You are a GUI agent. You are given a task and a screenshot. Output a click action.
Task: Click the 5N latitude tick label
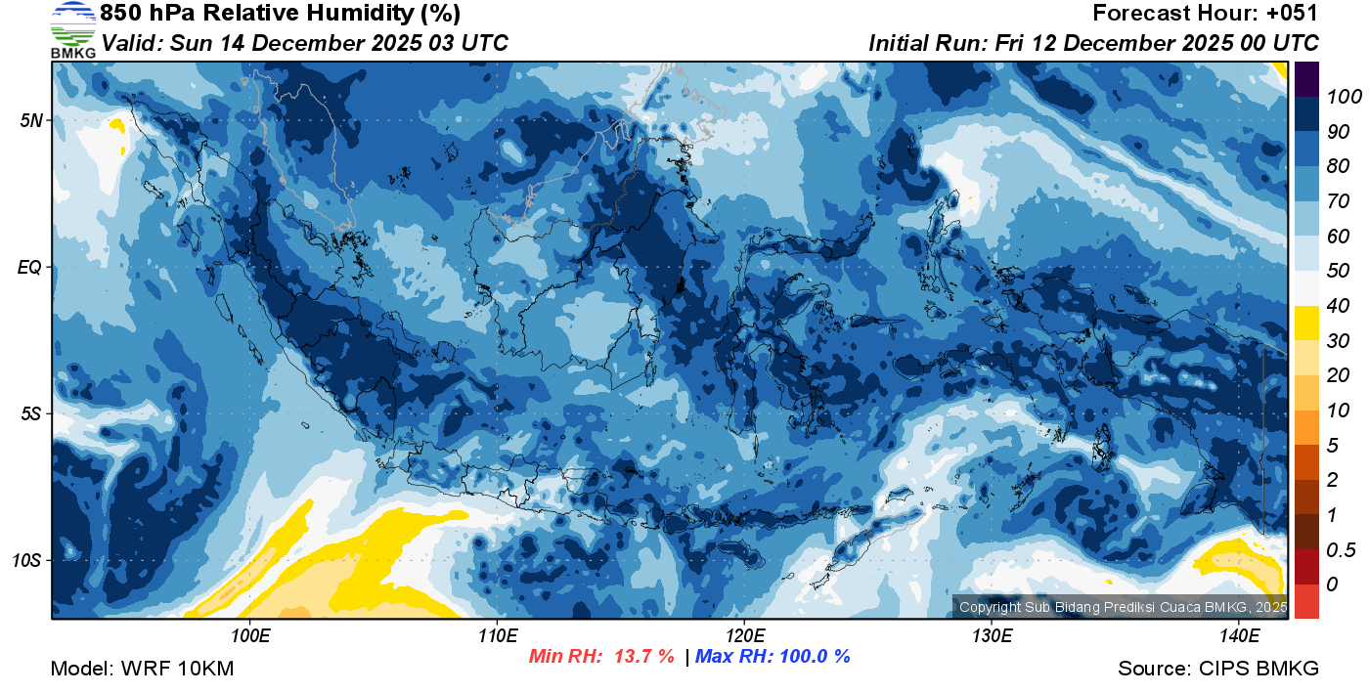pyautogui.click(x=29, y=120)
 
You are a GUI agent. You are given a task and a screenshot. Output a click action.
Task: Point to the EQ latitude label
pyautogui.click(x=29, y=267)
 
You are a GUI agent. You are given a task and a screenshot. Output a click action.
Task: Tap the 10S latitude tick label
pyautogui.click(x=26, y=560)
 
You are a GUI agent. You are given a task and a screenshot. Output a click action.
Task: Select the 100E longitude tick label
pyautogui.click(x=250, y=636)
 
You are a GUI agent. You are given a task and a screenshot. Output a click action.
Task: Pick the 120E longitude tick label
pyautogui.click(x=744, y=636)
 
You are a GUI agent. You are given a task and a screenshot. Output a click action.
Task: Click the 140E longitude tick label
pyautogui.click(x=1239, y=636)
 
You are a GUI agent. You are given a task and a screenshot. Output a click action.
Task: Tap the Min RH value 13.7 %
pyautogui.click(x=643, y=657)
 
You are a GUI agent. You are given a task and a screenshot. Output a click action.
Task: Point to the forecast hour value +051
pyautogui.click(x=1295, y=14)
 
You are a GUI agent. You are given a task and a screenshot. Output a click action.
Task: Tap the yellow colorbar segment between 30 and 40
pyautogui.click(x=1306, y=324)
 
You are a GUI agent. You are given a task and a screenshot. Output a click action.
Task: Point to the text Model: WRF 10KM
pyautogui.click(x=142, y=670)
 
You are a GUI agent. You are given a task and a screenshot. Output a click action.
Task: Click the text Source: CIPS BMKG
pyautogui.click(x=1218, y=670)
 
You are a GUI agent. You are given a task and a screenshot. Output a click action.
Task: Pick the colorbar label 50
pyautogui.click(x=1337, y=271)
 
